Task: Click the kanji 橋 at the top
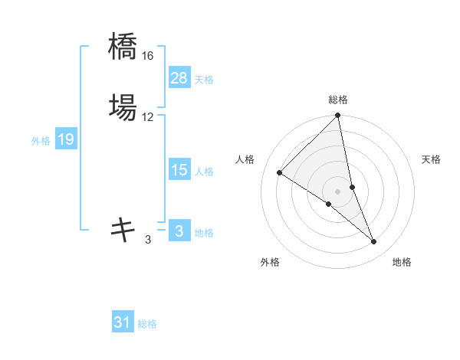123,47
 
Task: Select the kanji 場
123,106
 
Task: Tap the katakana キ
123,229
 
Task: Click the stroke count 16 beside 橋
148,57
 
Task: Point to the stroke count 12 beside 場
148,116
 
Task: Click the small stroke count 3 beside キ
148,240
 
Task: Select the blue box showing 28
179,78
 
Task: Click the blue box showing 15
179,170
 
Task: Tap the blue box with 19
66,139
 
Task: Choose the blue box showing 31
123,322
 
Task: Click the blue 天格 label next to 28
204,80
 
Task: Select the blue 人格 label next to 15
204,172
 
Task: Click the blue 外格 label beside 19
41,141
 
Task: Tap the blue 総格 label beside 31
147,324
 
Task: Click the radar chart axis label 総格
338,100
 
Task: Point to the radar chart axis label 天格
431,159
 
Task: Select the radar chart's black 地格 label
402,262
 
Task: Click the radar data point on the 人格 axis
280,172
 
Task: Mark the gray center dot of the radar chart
338,191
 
